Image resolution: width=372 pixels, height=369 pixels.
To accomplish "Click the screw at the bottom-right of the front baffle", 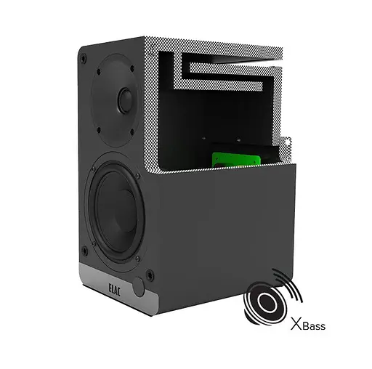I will tap(150, 275).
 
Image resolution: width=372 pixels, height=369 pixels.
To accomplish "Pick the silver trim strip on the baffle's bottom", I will tap(116, 291).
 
